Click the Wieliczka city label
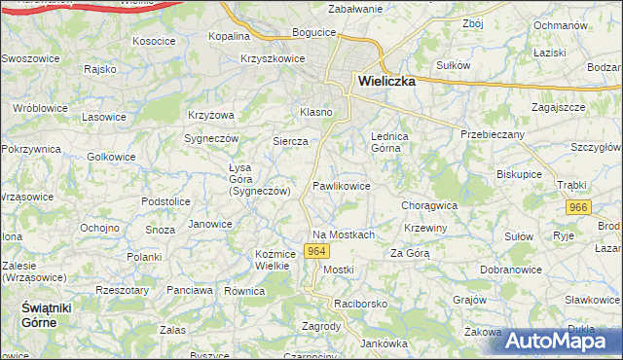[386, 82]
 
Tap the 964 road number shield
[314, 251]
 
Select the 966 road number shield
[579, 207]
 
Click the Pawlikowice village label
[341, 185]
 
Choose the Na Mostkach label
[344, 234]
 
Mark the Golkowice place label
[112, 156]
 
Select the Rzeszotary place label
[120, 289]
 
